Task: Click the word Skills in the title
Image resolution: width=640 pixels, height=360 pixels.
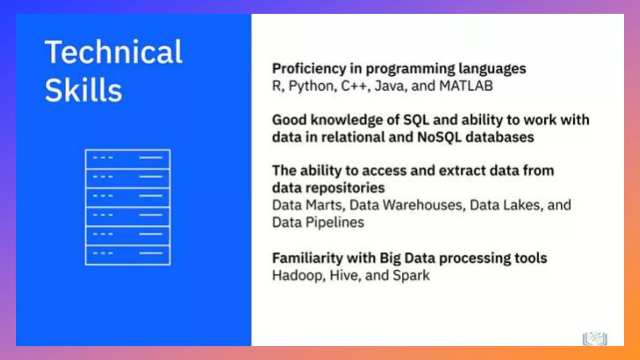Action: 83,91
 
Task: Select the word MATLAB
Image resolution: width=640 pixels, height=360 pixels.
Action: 466,86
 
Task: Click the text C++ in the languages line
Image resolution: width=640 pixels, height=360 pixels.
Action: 353,86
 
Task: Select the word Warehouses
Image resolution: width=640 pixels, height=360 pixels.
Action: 422,205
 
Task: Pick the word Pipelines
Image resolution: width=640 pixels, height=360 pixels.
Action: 335,222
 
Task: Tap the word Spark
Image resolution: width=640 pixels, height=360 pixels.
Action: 411,276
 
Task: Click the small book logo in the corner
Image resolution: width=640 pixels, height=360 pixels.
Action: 595,338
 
